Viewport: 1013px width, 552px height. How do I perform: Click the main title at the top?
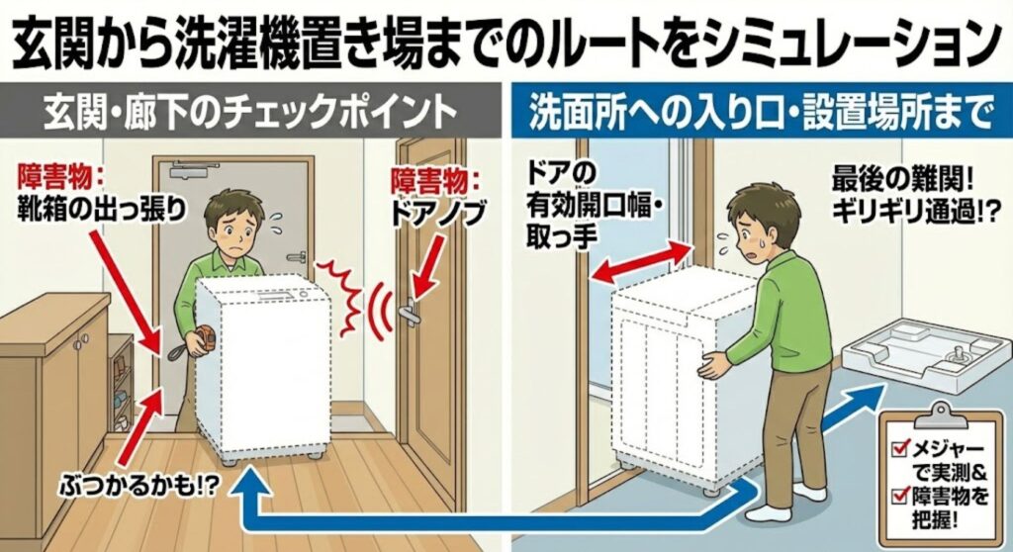506,40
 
